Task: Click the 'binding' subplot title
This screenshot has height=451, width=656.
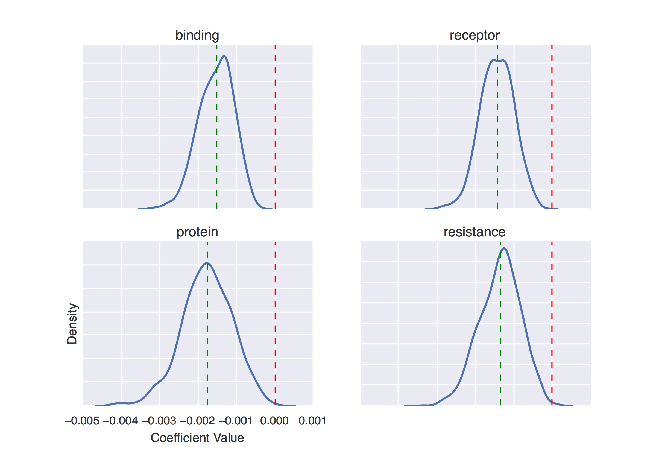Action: pos(197,35)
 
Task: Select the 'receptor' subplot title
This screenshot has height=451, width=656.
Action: pos(474,35)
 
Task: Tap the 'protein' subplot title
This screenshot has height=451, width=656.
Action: pos(197,232)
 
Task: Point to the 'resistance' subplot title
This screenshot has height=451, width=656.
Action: pos(474,232)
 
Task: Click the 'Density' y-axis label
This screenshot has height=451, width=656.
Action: pos(72,324)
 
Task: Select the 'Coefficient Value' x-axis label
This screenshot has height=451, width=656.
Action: pos(197,438)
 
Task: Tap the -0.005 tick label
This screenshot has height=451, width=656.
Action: pos(82,421)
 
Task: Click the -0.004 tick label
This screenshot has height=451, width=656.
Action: pos(121,421)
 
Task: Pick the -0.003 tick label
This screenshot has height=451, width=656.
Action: pos(159,421)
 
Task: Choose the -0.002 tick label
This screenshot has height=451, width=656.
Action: pos(197,421)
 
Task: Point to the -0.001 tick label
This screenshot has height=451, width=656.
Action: pos(236,421)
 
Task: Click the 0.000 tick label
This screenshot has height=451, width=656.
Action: pos(274,421)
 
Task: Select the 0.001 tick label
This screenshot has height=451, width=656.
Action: pos(312,421)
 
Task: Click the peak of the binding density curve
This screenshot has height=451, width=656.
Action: pos(224,56)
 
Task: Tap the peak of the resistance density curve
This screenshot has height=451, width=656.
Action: pos(504,248)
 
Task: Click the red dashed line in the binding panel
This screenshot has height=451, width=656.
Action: pos(275,127)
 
